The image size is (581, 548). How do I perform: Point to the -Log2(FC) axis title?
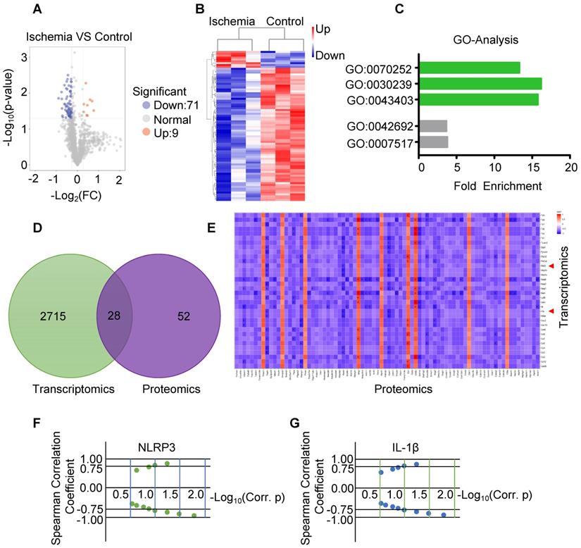pyautogui.click(x=75, y=195)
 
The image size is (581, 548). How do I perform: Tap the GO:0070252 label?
pyautogui.click(x=385, y=69)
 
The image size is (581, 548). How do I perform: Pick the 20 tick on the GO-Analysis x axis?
pyautogui.click(x=570, y=169)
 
